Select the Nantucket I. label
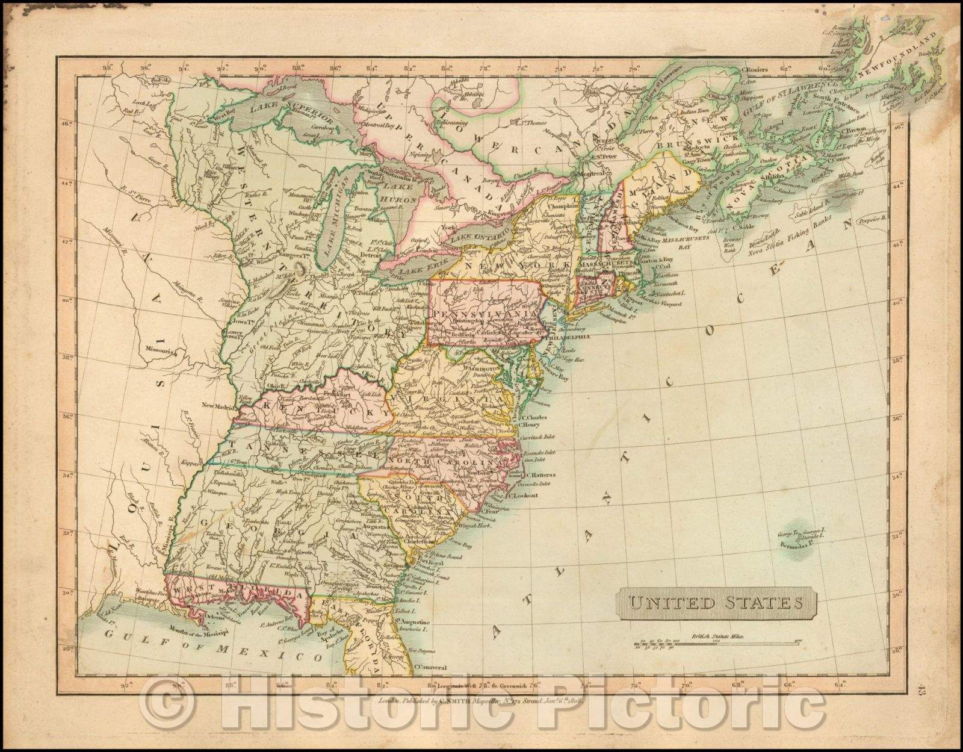tap(653, 293)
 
